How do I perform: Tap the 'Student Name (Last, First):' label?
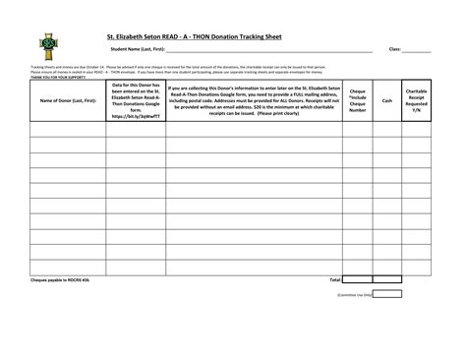(x=137, y=48)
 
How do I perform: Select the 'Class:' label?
(x=395, y=48)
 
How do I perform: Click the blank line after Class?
(x=417, y=49)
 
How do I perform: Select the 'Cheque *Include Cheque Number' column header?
(x=357, y=100)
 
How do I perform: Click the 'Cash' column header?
(x=387, y=100)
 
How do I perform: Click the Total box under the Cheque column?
(x=357, y=279)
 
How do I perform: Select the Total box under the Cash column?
(x=387, y=279)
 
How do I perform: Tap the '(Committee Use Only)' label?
(x=354, y=293)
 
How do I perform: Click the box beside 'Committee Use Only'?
(x=387, y=293)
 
